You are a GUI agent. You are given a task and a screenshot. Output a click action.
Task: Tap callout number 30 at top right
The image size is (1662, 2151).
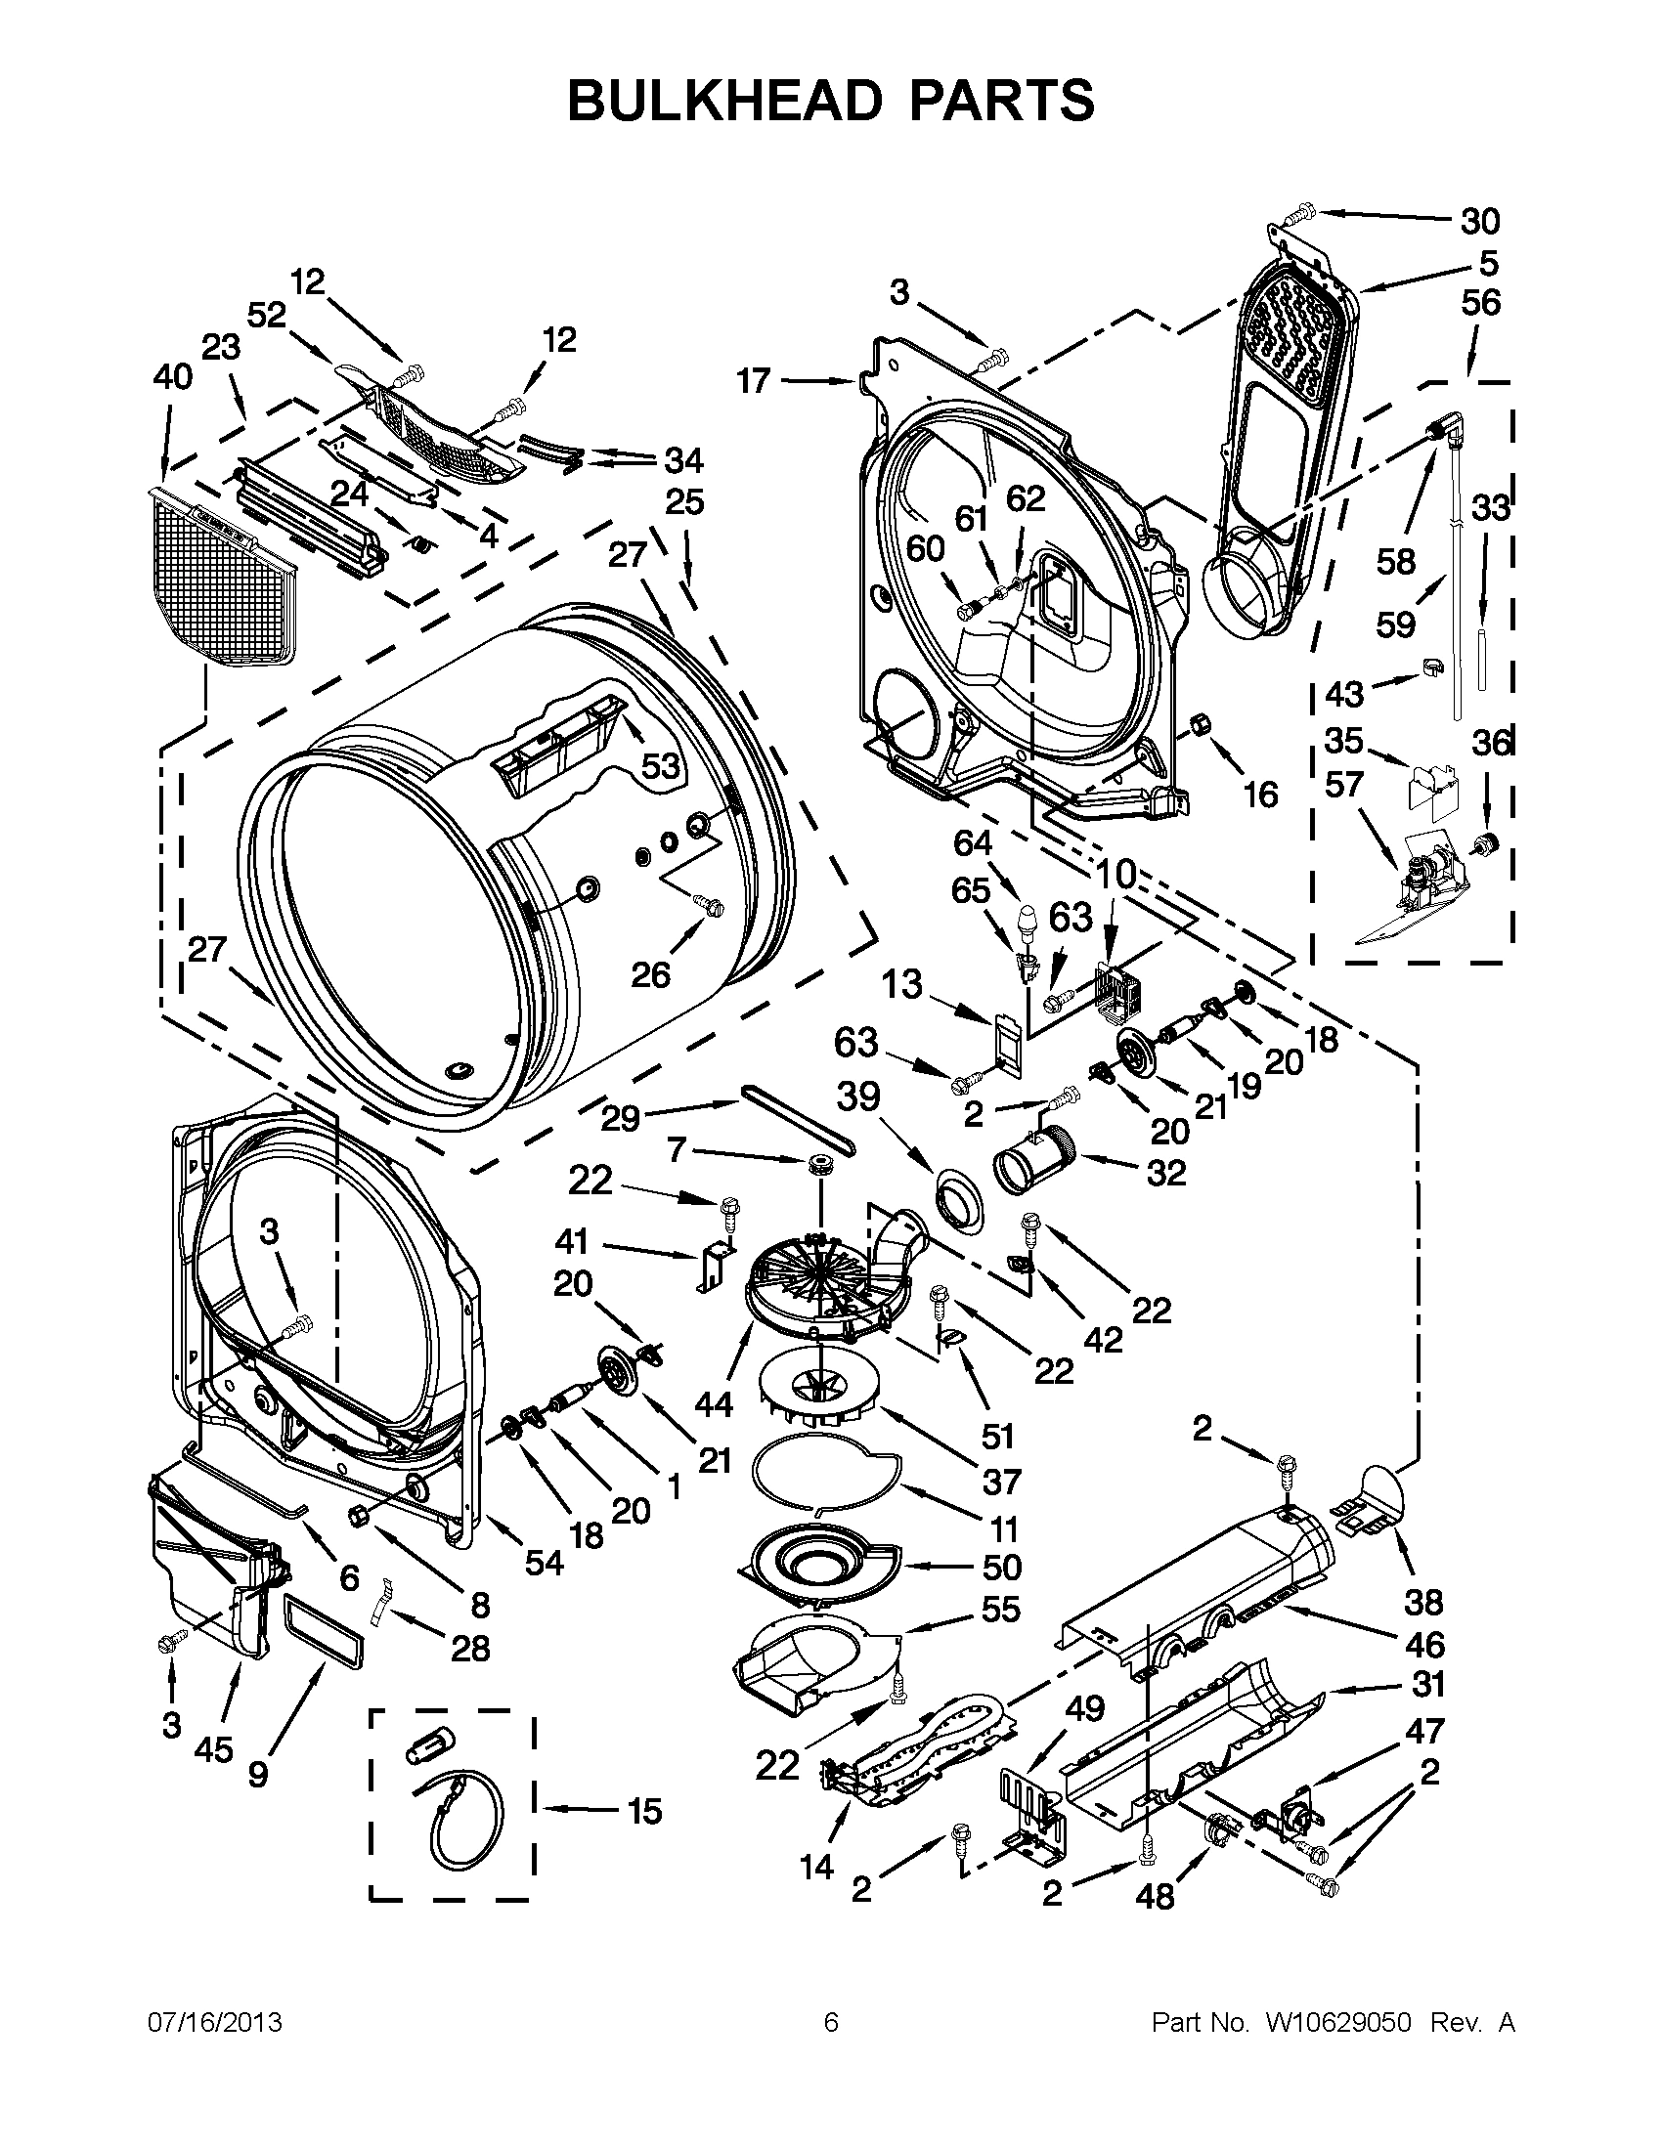1479,222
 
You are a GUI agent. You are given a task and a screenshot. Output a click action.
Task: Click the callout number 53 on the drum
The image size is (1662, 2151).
660,765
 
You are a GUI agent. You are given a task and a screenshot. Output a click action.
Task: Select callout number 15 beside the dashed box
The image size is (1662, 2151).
644,1810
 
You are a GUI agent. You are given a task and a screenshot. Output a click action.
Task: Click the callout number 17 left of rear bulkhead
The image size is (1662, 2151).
754,380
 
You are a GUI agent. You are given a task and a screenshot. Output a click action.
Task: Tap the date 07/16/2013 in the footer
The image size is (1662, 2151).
215,2023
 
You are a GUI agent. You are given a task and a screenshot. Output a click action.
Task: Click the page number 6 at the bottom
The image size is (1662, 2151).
830,2023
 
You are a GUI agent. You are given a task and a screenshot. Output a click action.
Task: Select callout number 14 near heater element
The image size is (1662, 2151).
816,1866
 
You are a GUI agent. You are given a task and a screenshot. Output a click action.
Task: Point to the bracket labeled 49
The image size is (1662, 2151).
1032,1812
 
